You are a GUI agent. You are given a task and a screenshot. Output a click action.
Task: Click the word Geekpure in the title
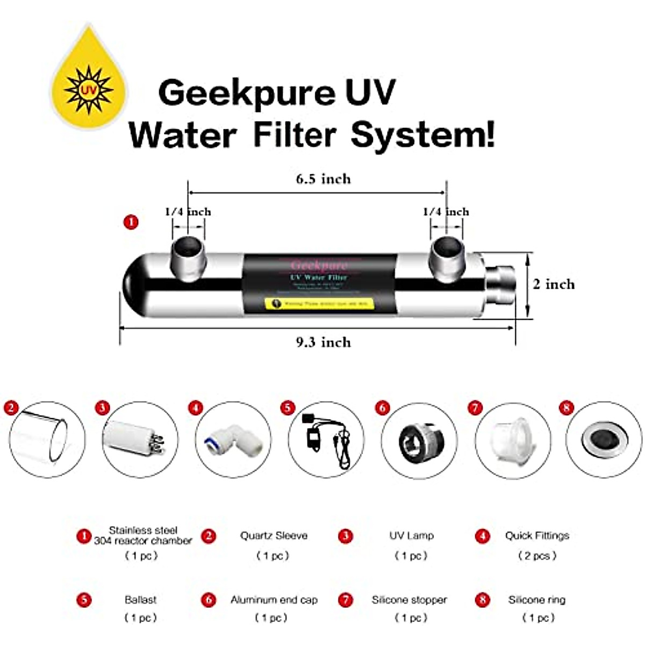[239, 93]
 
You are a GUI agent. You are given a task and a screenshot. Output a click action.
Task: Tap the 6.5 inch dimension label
[323, 179]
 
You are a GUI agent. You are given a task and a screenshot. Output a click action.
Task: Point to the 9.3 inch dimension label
[323, 342]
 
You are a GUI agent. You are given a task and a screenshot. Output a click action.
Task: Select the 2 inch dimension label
[554, 284]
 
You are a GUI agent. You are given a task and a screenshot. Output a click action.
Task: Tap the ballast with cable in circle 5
[326, 439]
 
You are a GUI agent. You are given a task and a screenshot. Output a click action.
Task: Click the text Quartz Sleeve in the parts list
[274, 536]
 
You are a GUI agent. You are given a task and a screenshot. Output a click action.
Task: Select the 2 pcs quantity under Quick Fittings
[537, 556]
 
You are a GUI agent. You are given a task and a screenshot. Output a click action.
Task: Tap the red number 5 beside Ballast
[83, 600]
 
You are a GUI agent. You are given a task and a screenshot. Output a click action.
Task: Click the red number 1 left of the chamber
[131, 222]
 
